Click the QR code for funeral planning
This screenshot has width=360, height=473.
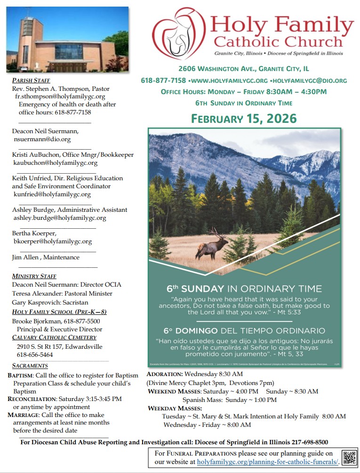coord(349,457)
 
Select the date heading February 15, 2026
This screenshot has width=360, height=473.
coord(243,118)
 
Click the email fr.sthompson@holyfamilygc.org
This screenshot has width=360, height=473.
coord(60,96)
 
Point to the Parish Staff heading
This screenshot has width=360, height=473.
coord(31,80)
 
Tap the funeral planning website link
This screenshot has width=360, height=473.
coord(268,462)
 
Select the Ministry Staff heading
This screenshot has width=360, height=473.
coord(34,276)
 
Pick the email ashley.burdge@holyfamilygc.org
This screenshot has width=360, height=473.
coord(60,218)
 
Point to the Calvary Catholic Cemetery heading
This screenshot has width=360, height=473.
coord(54,337)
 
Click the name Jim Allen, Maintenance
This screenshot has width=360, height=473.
coord(46,257)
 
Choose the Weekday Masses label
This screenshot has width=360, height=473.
coord(175,408)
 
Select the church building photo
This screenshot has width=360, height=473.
coord(67,39)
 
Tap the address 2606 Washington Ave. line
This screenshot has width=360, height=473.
coord(243,69)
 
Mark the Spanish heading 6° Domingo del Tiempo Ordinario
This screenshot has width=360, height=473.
coord(244,330)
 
